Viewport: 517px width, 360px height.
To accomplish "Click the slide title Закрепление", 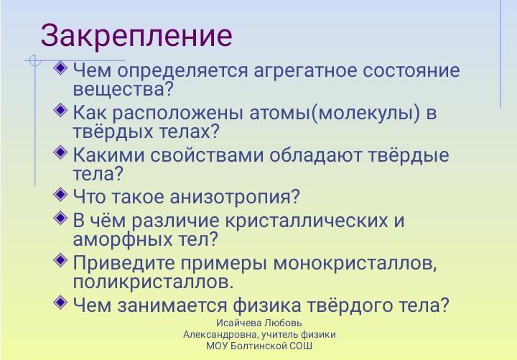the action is [x=136, y=37].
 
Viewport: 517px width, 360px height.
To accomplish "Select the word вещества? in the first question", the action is [x=123, y=89].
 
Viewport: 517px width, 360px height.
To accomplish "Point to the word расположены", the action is [x=178, y=114].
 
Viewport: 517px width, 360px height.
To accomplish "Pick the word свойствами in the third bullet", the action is [x=207, y=155].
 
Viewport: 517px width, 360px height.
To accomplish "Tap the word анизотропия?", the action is [x=234, y=198].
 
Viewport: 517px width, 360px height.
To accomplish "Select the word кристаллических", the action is [x=307, y=221].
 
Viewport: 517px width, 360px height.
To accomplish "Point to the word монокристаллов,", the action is [x=355, y=263].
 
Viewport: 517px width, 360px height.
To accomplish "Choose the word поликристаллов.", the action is [x=153, y=282].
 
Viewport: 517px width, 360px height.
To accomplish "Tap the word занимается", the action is [x=172, y=305].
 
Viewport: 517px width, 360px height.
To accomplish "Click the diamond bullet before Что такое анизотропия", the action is [x=60, y=195].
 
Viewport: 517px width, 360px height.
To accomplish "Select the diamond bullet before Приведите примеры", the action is [x=60, y=260].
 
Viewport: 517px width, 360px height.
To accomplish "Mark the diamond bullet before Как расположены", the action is [x=60, y=110].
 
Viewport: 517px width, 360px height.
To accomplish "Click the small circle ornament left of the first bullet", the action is [x=34, y=60].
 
